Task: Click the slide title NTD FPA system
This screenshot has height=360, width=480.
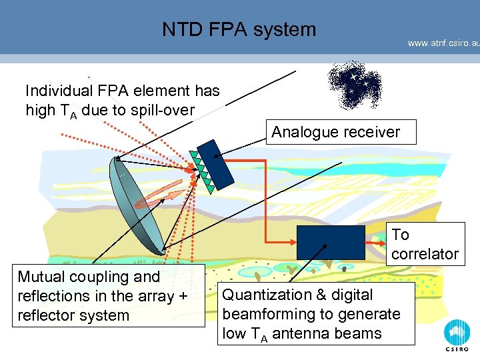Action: coord(239,29)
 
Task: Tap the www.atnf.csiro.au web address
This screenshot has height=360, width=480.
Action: coord(443,43)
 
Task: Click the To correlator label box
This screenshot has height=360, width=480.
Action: coord(425,244)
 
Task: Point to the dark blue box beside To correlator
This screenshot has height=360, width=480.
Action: coord(331,242)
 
